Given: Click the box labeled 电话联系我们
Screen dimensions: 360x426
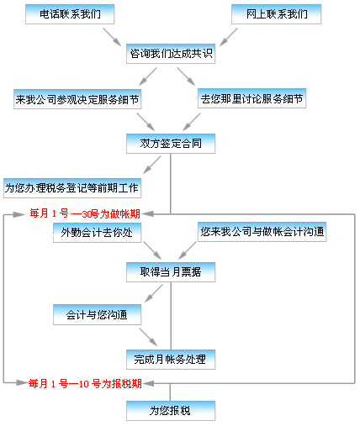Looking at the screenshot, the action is click(x=70, y=14).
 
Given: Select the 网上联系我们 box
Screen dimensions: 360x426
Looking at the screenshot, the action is click(x=276, y=14).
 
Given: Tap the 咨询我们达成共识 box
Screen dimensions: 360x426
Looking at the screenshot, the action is click(x=171, y=54).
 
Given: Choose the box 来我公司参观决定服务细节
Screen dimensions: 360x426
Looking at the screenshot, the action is click(x=77, y=99).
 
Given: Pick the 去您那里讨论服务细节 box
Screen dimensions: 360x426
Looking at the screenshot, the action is click(x=251, y=98).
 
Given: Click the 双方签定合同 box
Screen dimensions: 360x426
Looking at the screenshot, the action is click(x=171, y=144).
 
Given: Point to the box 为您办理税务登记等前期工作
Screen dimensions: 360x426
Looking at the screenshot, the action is click(x=72, y=188).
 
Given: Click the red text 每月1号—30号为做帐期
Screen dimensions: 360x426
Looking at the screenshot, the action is click(x=85, y=213).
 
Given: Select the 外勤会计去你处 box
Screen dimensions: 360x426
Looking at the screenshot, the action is click(x=97, y=233).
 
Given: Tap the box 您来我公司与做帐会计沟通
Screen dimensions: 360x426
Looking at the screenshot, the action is click(x=262, y=232).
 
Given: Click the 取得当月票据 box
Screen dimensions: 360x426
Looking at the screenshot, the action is click(x=171, y=272).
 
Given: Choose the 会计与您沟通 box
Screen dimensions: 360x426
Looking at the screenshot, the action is click(x=97, y=315).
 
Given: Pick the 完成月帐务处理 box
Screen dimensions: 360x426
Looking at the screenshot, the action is click(x=171, y=360).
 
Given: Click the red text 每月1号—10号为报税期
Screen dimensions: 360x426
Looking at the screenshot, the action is click(x=85, y=383).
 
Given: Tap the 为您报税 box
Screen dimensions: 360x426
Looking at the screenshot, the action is click(x=171, y=411).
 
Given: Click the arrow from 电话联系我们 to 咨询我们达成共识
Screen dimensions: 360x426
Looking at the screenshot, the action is click(x=112, y=36).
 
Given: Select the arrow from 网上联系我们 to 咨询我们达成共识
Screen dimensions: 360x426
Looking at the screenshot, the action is click(x=229, y=36).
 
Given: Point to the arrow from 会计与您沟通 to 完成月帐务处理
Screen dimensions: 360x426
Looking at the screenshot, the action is click(x=148, y=337).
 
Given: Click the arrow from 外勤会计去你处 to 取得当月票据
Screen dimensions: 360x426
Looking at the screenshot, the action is click(x=152, y=250).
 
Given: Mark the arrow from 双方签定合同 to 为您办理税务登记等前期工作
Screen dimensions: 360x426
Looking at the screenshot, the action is click(x=152, y=165).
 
